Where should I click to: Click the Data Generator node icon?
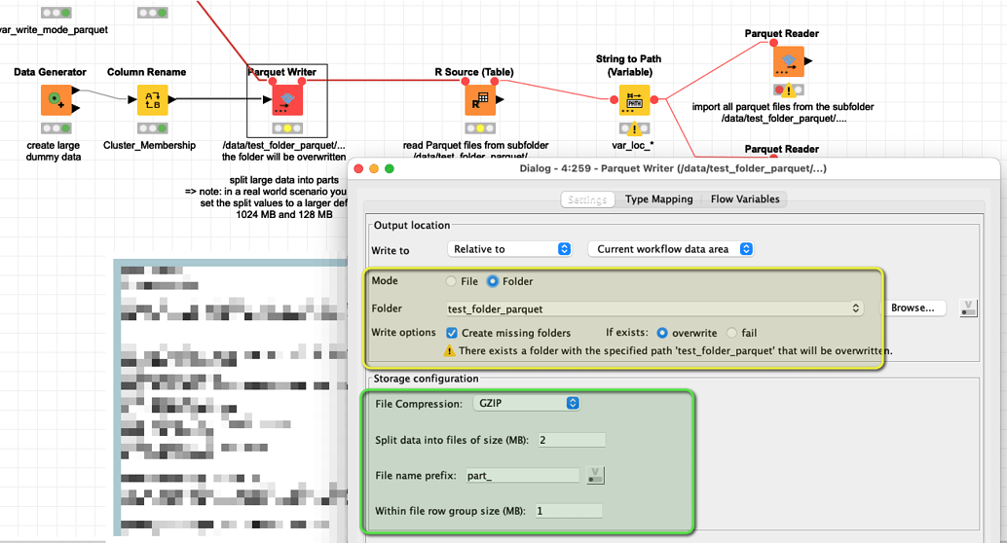(56, 99)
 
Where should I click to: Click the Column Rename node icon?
(152, 99)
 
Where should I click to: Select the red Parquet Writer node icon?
(286, 99)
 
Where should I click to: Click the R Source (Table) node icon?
(480, 99)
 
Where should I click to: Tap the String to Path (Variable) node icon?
(635, 99)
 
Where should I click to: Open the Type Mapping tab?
(658, 199)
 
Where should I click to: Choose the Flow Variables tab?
(744, 199)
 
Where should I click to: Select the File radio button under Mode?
(451, 281)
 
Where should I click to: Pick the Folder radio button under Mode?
(493, 281)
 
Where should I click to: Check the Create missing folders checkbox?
(453, 333)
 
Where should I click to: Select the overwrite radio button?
(663, 333)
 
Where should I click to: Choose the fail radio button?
(731, 333)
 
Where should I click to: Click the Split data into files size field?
(570, 440)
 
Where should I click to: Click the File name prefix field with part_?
(522, 475)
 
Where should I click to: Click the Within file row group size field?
(568, 511)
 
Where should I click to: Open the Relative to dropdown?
(509, 249)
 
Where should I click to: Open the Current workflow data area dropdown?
(671, 249)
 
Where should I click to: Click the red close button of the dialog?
(358, 168)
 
